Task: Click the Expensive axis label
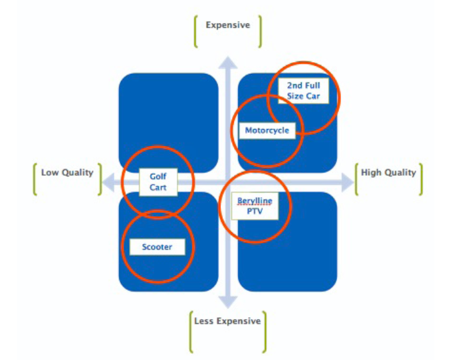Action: (x=228, y=25)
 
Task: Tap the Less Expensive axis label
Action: (x=228, y=321)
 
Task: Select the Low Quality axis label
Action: (x=67, y=173)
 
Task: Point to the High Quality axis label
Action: (x=388, y=173)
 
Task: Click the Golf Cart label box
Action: (x=158, y=182)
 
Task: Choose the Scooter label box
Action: (x=157, y=247)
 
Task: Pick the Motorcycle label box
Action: (x=267, y=131)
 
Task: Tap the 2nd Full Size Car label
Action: (x=303, y=91)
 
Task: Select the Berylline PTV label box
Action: (x=255, y=205)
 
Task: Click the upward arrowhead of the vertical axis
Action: (x=228, y=63)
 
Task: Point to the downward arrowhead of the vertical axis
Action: (x=228, y=302)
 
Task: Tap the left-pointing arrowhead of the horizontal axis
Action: (x=108, y=182)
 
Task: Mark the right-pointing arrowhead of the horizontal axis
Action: (x=347, y=182)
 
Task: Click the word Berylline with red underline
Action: (x=255, y=201)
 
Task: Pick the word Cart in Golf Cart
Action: (x=158, y=187)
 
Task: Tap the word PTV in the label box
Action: (x=255, y=211)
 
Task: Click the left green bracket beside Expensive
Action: (x=195, y=32)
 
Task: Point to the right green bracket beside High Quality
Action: (x=421, y=179)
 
